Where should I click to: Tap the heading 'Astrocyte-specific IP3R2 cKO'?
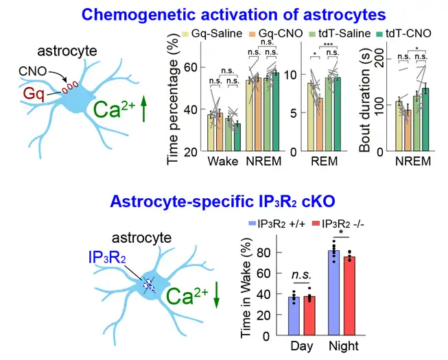pos(224,202)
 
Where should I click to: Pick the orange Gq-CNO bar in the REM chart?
pos(320,124)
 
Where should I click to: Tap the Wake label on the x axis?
pos(224,163)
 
